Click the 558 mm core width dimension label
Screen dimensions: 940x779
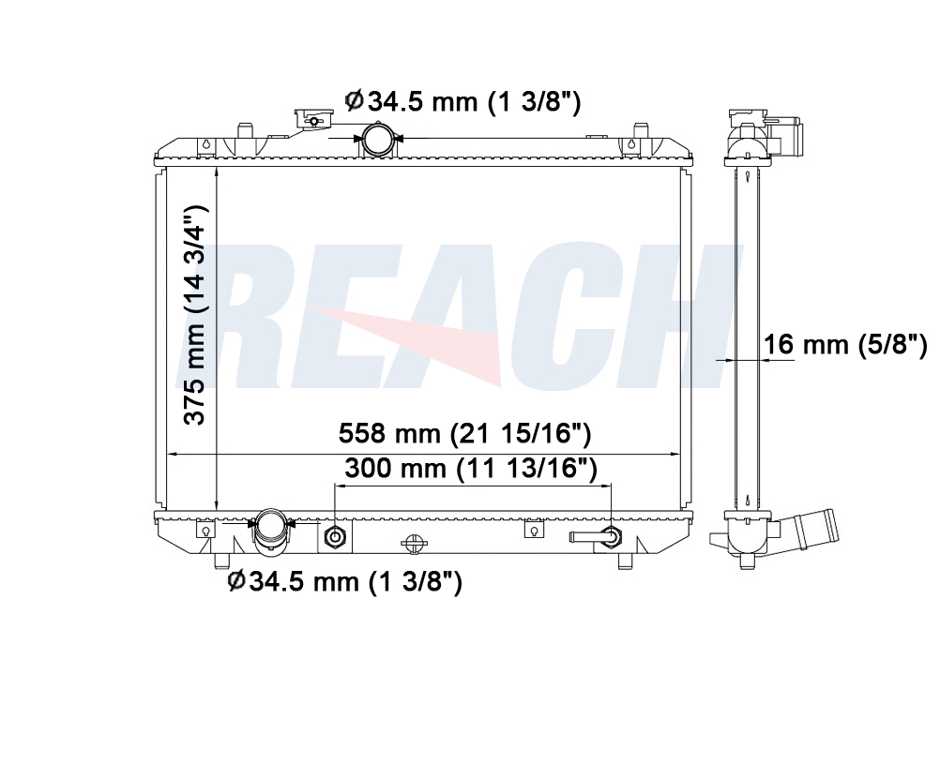464,433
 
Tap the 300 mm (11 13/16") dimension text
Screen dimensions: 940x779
471,468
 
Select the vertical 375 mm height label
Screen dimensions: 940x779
195,315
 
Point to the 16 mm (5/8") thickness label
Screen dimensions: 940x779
844,345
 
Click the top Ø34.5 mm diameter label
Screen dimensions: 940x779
462,101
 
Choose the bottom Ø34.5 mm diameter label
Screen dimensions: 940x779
344,580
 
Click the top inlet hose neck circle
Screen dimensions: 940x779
379,139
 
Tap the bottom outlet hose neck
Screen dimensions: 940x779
271,530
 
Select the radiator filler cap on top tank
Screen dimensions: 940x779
313,119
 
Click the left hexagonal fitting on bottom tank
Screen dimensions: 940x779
333,537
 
